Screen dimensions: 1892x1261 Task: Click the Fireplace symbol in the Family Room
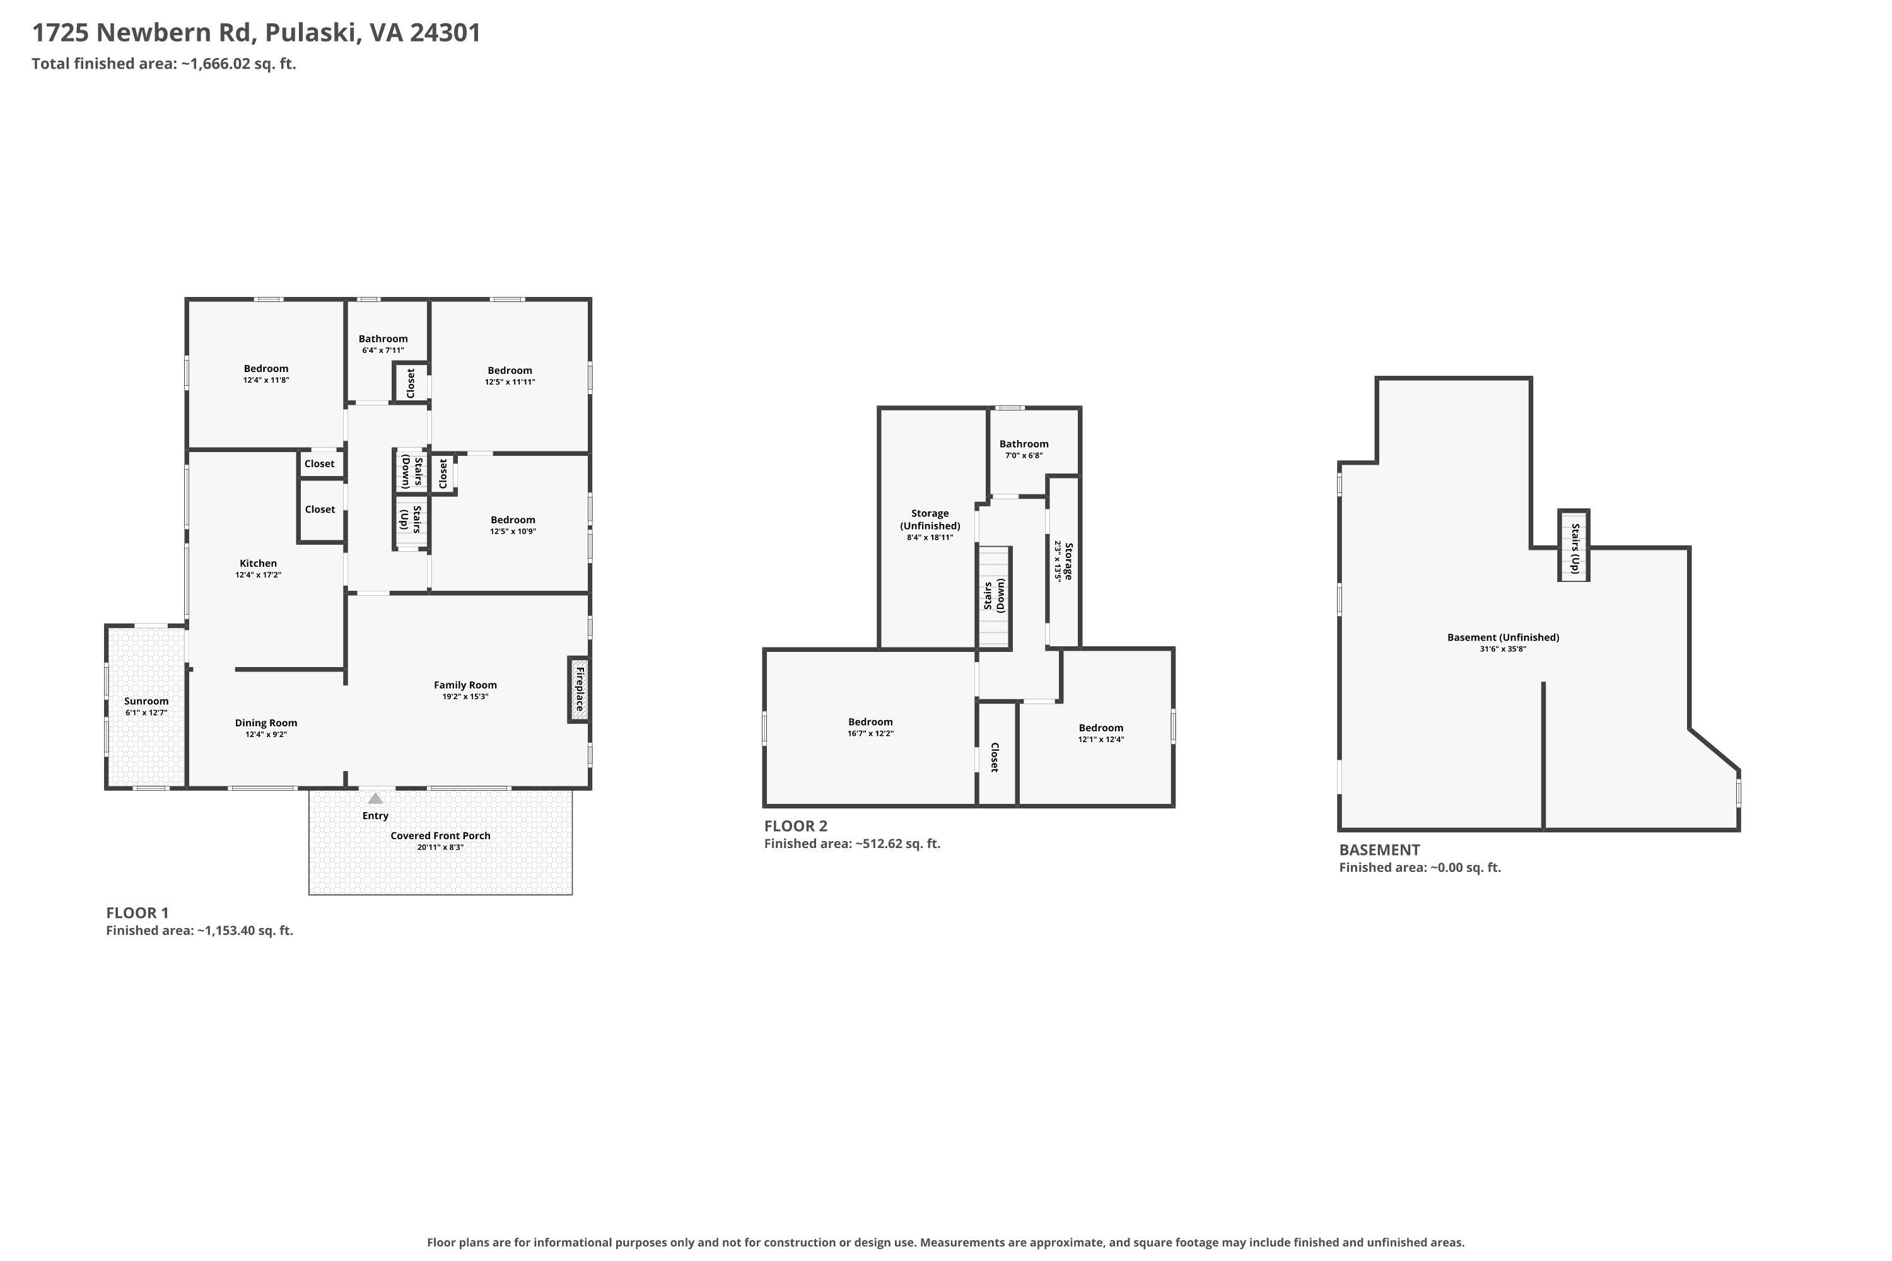[578, 689]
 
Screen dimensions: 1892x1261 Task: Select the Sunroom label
[146, 701]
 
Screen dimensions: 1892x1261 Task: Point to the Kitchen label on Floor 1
[258, 564]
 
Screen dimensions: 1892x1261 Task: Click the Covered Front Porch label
[441, 835]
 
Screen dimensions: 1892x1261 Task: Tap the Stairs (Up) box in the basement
[1574, 545]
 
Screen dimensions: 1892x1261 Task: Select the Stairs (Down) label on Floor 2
[995, 596]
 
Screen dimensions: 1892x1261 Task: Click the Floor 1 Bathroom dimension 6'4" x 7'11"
[383, 351]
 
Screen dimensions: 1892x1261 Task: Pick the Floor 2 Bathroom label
[1024, 444]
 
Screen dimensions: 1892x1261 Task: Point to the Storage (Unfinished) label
[930, 520]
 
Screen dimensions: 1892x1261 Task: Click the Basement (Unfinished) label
[1504, 637]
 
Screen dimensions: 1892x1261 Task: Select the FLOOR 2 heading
[795, 826]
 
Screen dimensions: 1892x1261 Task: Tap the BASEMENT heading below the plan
[1380, 850]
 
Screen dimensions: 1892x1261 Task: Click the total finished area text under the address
[164, 64]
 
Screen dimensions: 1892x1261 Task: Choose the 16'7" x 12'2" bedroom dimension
[870, 733]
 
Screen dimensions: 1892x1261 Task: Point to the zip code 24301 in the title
[445, 33]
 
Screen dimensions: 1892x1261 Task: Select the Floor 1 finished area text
[199, 931]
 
